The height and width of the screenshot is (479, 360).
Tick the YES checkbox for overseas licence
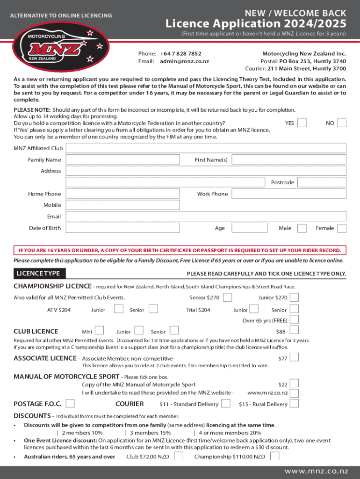302,123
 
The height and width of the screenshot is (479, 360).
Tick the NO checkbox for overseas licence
342,123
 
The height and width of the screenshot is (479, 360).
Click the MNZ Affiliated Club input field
206,148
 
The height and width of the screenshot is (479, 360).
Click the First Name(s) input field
289,160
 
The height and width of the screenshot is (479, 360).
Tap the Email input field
206,217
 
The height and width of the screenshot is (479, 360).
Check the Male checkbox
302,228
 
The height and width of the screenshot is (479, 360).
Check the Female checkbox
342,228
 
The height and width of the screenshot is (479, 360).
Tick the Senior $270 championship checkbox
227,298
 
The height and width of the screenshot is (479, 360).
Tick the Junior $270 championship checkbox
295,298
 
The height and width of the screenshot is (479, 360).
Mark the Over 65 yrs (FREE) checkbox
295,320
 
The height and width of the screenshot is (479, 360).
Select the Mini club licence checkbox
99,331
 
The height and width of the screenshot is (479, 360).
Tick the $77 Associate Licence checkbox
295,358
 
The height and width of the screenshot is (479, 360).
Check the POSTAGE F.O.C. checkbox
70,404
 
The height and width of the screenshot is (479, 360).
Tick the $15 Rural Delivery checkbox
295,404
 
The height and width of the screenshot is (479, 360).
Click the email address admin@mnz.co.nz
184,61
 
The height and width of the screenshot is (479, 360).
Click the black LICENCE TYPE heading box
39,273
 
